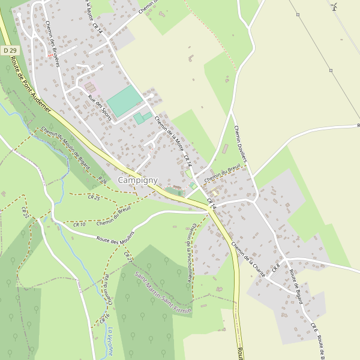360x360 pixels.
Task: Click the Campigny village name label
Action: pos(138,180)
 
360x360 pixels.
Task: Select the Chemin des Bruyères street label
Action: pos(52,44)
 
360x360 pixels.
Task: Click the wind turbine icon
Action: pos(334,7)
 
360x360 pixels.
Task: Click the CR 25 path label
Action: pos(93,197)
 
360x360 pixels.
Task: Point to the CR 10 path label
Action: pos(79,224)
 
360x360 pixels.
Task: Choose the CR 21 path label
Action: pos(127,256)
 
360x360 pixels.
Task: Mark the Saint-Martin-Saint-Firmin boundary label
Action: pos(163,293)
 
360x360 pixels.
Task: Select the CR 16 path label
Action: pos(105,317)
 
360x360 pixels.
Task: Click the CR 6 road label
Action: pos(314,328)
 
